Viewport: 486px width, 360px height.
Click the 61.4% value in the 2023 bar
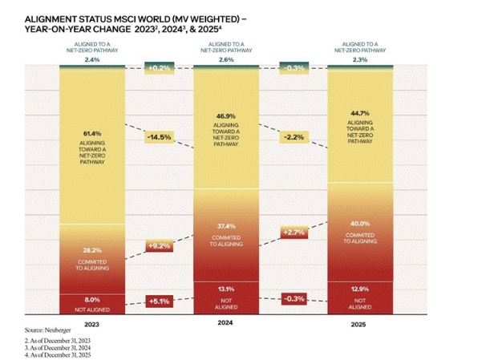point(92,134)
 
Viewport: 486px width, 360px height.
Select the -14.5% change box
point(160,137)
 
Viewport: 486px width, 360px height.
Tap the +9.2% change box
point(160,246)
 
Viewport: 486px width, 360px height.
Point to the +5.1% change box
point(160,301)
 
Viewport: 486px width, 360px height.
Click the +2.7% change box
point(294,233)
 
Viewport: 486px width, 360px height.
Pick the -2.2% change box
point(294,137)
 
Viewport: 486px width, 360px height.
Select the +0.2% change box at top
point(160,68)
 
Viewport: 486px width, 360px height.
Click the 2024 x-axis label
point(225,322)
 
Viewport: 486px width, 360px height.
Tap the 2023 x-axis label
point(91,325)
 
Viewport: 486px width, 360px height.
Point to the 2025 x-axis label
point(358,325)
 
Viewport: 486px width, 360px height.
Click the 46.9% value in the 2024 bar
point(226,116)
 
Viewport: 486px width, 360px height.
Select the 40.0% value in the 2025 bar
point(360,224)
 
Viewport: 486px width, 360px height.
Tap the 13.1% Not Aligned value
point(226,289)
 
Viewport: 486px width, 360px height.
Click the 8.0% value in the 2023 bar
point(92,300)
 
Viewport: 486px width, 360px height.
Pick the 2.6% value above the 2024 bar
point(226,59)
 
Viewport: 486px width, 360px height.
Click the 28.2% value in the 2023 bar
point(92,250)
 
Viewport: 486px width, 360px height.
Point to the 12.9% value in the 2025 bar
point(360,289)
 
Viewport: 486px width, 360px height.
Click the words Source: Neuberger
point(48,330)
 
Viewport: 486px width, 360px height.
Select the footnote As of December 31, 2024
point(58,348)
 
